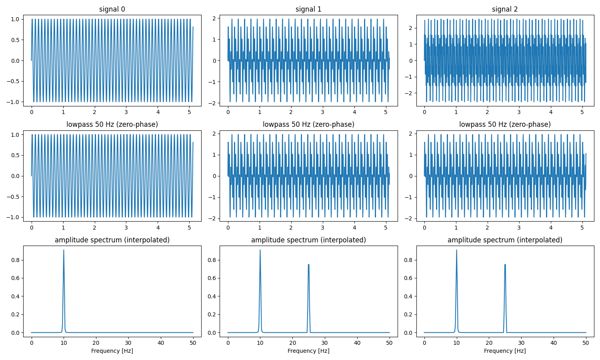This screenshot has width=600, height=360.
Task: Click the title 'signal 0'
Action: click(112, 9)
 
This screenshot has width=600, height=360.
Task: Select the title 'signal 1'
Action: click(308, 9)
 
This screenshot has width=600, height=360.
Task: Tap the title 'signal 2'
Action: click(505, 9)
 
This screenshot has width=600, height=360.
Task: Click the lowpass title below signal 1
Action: click(308, 124)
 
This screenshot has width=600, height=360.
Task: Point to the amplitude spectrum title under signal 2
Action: click(505, 240)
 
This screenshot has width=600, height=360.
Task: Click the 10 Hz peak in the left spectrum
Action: click(64, 250)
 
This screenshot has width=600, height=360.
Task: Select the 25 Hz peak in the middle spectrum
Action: click(308, 265)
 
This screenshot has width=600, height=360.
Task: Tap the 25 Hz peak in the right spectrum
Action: click(505, 265)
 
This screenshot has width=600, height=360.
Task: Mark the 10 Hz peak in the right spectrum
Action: click(456, 250)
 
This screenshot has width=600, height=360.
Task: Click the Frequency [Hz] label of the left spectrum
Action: click(112, 351)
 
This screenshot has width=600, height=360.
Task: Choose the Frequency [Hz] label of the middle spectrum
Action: click(308, 351)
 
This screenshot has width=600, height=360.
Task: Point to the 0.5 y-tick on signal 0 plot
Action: click(15, 40)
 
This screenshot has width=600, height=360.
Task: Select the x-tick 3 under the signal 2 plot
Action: click(519, 112)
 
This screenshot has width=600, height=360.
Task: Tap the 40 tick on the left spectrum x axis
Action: click(161, 343)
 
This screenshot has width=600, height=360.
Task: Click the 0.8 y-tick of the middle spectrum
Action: click(212, 260)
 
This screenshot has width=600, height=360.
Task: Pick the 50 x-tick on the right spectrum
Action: click(586, 343)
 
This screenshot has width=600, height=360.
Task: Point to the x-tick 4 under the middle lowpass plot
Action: click(354, 228)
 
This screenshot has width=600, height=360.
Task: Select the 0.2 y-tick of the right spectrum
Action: click(408, 314)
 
